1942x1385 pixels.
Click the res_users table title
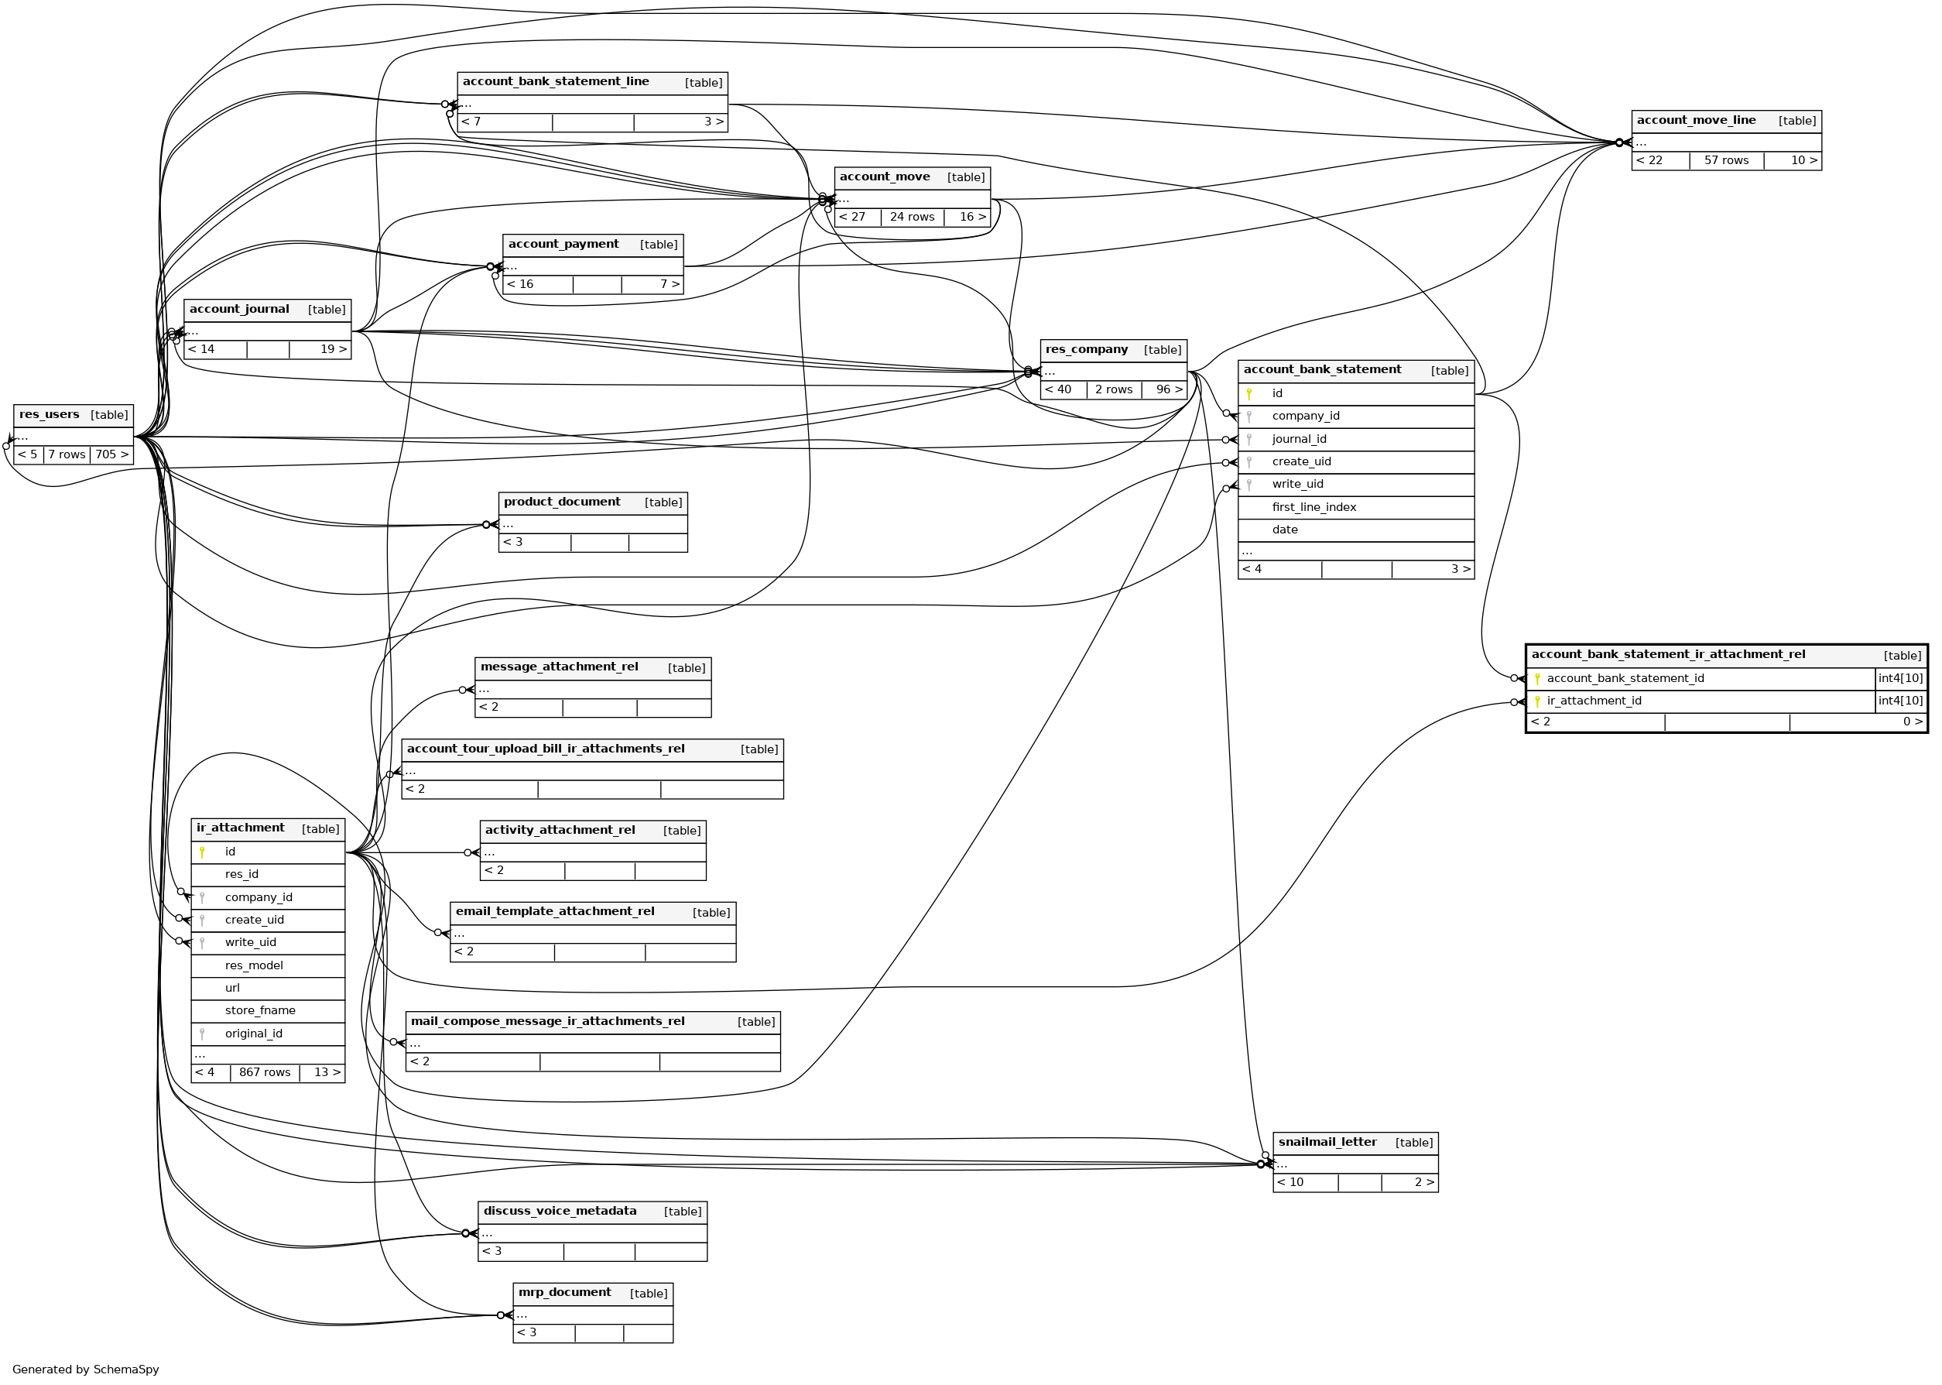coord(50,415)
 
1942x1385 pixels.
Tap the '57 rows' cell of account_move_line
coord(1725,160)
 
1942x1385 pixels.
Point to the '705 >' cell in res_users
coord(111,454)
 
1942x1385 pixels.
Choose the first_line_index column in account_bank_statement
coord(1313,507)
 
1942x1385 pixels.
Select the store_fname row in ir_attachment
coord(260,1010)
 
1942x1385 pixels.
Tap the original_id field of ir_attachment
coord(253,1034)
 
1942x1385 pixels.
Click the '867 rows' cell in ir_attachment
coord(264,1072)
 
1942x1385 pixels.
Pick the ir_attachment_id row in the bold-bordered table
coord(1594,701)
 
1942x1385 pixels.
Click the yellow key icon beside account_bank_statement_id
coord(1537,679)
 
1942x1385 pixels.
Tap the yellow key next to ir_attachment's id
coord(202,852)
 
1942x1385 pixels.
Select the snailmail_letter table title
coord(1327,1143)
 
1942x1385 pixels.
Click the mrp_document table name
coord(564,1293)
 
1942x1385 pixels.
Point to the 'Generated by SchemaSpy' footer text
coord(85,1370)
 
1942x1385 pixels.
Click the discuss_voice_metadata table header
coord(560,1211)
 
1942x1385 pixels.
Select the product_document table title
coord(562,502)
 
